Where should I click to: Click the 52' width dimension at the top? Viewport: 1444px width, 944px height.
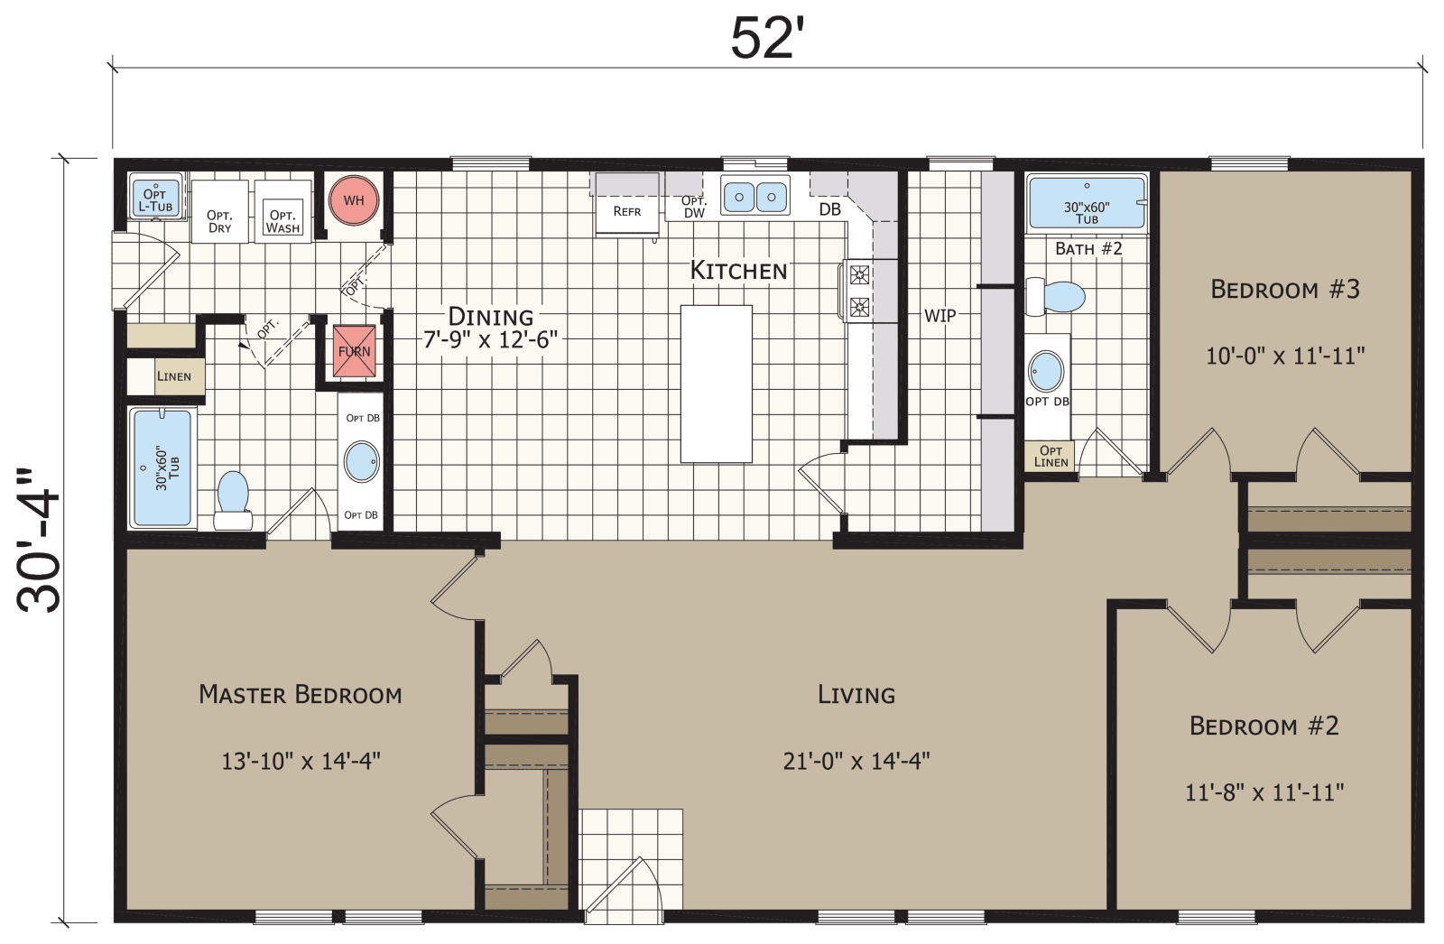pyautogui.click(x=766, y=39)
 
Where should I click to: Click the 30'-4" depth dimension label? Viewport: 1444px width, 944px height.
pyautogui.click(x=39, y=541)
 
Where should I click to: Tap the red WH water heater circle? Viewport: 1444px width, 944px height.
pyautogui.click(x=354, y=200)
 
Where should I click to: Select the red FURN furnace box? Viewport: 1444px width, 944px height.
pyautogui.click(x=354, y=351)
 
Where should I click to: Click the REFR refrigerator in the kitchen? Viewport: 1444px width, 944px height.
pyautogui.click(x=626, y=212)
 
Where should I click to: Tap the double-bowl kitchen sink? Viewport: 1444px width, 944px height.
pyautogui.click(x=754, y=196)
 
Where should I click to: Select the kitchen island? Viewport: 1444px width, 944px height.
pyautogui.click(x=716, y=384)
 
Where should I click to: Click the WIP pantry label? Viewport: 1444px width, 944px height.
pyautogui.click(x=940, y=316)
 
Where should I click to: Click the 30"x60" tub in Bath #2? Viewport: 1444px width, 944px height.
pyautogui.click(x=1087, y=203)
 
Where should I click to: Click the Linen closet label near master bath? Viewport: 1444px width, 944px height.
pyautogui.click(x=173, y=376)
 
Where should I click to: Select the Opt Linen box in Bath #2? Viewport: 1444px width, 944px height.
pyautogui.click(x=1051, y=456)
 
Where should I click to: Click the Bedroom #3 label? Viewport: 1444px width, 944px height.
pyautogui.click(x=1284, y=290)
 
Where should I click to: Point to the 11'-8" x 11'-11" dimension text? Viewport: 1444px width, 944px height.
pyautogui.click(x=1264, y=792)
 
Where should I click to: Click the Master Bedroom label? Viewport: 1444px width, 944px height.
pyautogui.click(x=300, y=694)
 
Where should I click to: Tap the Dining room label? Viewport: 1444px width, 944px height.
pyautogui.click(x=491, y=316)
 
